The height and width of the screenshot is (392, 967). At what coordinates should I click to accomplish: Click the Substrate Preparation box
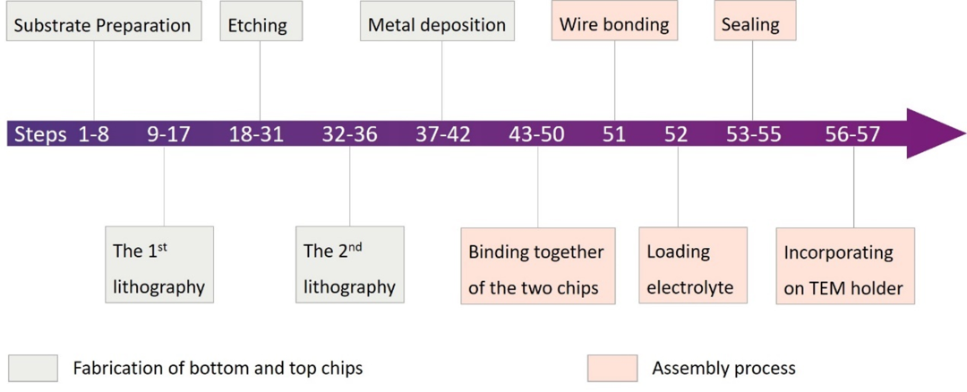point(102,23)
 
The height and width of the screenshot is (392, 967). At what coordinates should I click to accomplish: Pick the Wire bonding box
point(615,23)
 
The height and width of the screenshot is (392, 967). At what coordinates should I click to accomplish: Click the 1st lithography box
point(159,265)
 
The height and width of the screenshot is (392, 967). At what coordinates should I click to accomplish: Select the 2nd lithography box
point(350,265)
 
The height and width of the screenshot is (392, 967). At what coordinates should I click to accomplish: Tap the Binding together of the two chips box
point(537,265)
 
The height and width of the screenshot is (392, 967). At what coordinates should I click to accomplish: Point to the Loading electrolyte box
point(693,265)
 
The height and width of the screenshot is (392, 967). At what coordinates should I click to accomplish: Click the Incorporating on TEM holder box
point(845,265)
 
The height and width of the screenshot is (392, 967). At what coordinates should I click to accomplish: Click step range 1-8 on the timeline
point(93,134)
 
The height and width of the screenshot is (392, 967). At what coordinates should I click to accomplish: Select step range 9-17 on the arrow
point(168,134)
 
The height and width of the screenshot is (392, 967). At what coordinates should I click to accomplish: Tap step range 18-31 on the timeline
point(256,134)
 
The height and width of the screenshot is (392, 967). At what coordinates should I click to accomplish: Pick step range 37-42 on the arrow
point(442,134)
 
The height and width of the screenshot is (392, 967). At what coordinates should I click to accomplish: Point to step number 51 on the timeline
point(614,134)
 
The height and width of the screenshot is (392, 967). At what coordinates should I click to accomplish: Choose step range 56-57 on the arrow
point(853,134)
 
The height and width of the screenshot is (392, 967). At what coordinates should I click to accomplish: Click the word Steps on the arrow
point(40,134)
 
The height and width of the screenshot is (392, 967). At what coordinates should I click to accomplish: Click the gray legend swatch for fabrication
point(33,368)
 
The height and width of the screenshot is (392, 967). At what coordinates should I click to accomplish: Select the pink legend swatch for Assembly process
point(612,368)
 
